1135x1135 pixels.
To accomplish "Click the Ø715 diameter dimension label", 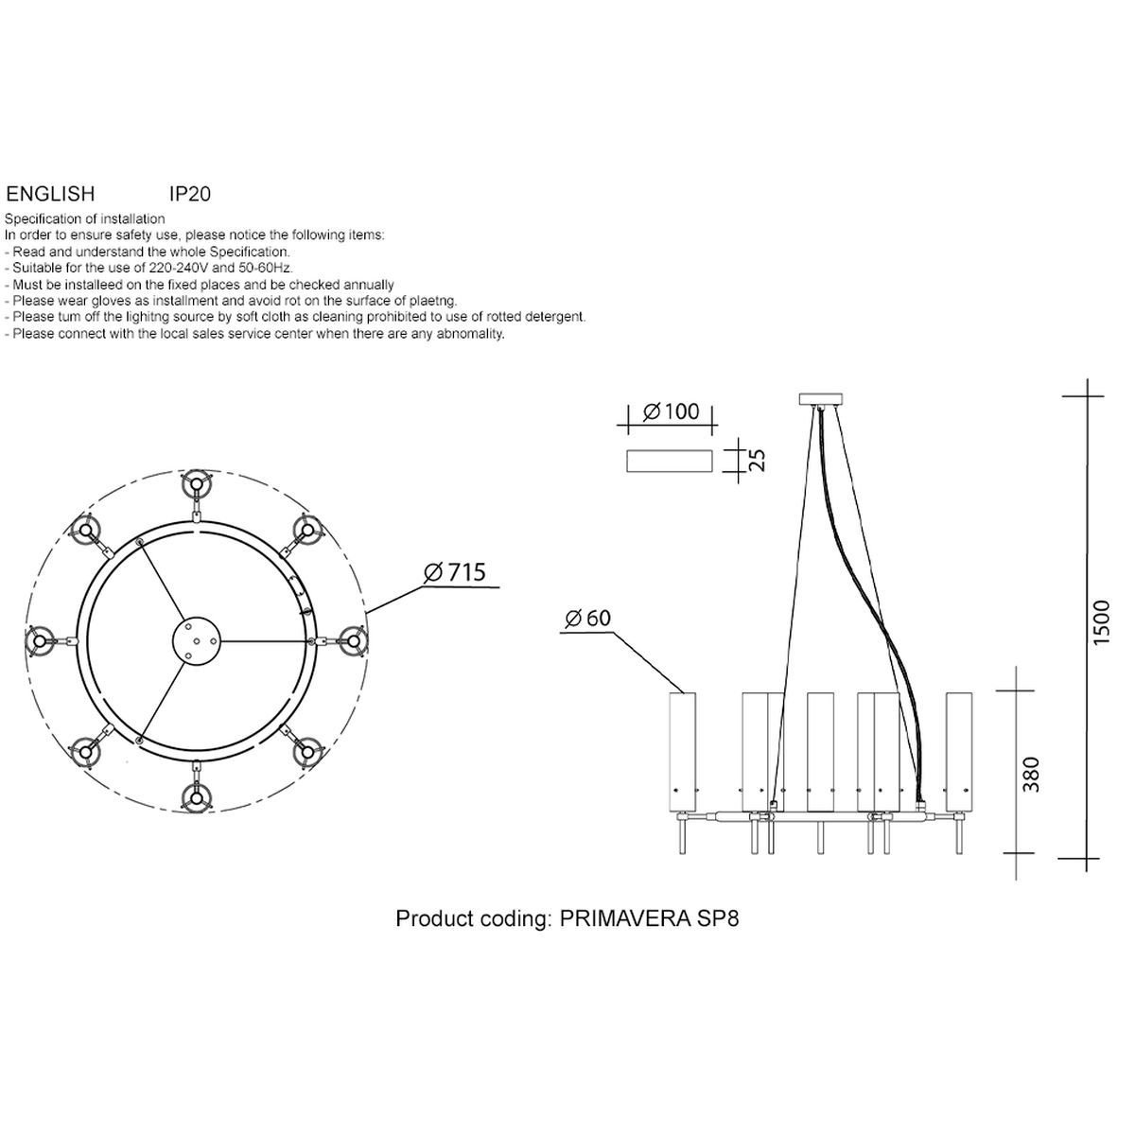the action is point(455,572).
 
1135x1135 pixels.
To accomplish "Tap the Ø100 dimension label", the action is point(671,411).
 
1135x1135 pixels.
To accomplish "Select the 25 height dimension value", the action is point(759,460).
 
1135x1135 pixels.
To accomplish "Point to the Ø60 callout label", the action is point(587,618).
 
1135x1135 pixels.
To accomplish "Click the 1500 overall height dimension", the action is point(1101,622).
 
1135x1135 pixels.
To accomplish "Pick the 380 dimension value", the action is point(1031,774).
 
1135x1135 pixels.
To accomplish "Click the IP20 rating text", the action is point(190,194).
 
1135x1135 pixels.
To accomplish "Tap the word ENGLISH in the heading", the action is point(50,194).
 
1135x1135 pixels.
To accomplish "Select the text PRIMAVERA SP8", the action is point(649,918).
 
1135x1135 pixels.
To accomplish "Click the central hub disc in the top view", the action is point(196,641).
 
